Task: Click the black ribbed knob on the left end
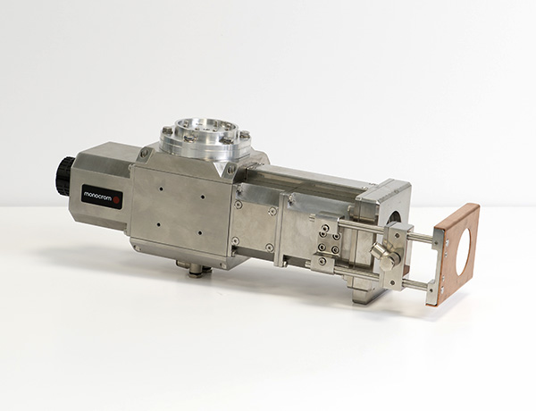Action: [64, 176]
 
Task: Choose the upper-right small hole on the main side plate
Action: [203, 197]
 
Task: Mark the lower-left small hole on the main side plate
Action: [158, 224]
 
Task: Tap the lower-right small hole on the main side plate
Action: [200, 233]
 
